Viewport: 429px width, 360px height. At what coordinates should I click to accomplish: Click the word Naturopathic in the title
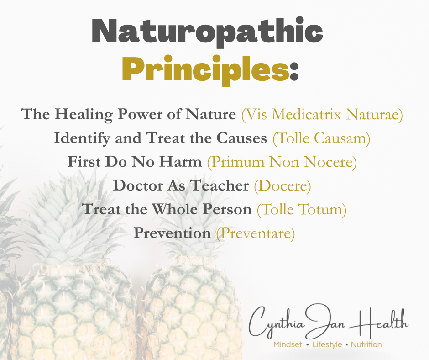tap(207, 32)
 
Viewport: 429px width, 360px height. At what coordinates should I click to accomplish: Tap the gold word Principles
tap(205, 70)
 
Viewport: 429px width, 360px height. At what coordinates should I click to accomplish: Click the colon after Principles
tap(294, 73)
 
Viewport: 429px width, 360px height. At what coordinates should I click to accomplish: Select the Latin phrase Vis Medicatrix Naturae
tap(322, 115)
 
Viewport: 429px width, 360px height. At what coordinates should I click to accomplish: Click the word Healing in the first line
tap(84, 115)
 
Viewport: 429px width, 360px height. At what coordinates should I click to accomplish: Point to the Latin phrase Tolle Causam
tap(321, 138)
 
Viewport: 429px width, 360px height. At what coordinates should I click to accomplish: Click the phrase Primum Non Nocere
tap(282, 162)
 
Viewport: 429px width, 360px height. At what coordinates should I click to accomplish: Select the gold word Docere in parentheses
tap(283, 186)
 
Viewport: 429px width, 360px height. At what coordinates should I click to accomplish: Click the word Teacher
tap(220, 185)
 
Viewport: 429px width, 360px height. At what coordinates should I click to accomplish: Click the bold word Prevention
tap(173, 233)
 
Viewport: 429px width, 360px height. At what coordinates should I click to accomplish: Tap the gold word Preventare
tap(256, 233)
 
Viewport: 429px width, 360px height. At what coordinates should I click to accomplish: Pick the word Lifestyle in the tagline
tap(327, 344)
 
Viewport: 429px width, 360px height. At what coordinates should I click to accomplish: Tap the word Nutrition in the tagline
tap(366, 344)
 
